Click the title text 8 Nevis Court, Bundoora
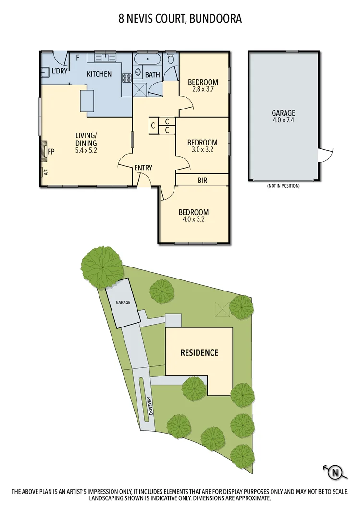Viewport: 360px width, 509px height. pos(180,19)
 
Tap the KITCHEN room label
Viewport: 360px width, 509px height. pos(99,74)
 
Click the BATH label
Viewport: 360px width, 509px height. pos(152,75)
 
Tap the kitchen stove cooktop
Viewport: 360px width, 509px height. pos(127,78)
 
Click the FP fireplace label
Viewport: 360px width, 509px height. pos(50,151)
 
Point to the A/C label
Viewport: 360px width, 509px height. pos(45,172)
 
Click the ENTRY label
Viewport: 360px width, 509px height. pos(143,168)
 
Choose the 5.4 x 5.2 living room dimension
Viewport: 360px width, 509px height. pos(86,151)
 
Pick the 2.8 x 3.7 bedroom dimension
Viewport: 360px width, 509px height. pos(203,89)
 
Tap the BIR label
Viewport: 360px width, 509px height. pos(202,181)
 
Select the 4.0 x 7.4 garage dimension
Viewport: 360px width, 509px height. pos(283,121)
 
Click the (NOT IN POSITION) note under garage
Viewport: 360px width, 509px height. pos(283,186)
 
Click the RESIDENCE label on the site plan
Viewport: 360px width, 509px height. pos(199,352)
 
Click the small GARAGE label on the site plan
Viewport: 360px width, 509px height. pos(123,303)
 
